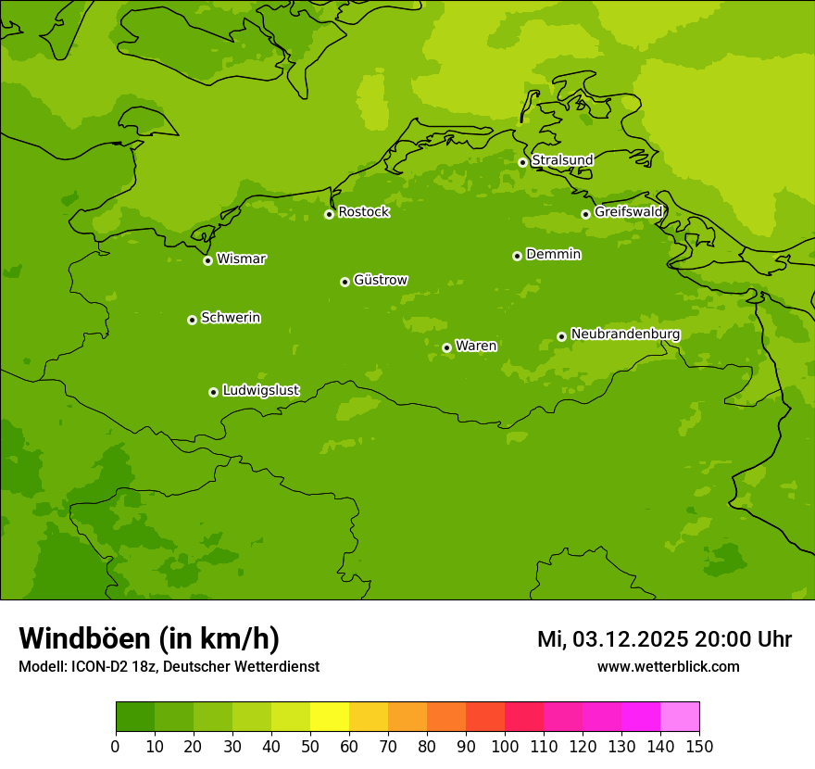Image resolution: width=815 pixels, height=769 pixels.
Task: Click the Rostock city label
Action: point(363,212)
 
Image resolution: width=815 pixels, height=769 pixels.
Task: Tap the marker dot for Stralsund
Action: point(522,162)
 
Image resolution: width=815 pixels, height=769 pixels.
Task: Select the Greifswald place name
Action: point(628,212)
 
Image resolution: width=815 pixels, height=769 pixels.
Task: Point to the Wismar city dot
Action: point(207,260)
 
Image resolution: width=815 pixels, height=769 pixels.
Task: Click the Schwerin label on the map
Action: point(231,318)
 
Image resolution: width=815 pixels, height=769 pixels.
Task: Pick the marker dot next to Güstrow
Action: point(345,282)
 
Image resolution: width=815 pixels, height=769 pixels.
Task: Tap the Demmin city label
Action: point(553,254)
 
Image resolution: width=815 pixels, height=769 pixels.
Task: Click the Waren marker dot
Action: point(446,347)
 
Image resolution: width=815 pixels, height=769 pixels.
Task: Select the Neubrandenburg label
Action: point(625,334)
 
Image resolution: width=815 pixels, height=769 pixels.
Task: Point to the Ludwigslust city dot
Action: point(213,392)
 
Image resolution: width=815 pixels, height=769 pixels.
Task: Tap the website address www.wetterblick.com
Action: point(668,666)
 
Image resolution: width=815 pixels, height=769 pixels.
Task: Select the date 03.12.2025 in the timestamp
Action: point(630,639)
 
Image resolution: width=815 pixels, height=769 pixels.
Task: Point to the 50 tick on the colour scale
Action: point(310,746)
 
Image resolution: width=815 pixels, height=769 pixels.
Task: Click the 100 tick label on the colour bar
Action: point(505,746)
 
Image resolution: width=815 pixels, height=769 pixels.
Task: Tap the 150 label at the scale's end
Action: point(699,746)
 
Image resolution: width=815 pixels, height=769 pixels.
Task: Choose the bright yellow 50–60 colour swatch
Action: point(330,717)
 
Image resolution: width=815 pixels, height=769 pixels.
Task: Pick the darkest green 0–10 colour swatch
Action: point(135,717)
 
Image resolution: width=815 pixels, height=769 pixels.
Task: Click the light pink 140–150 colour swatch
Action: point(680,717)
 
